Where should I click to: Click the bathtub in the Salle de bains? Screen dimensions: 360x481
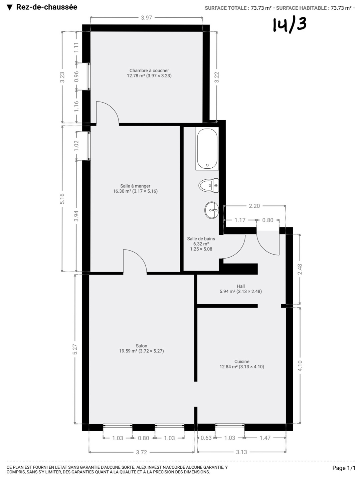[x=207, y=149]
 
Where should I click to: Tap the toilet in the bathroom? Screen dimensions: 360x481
[x=209, y=185]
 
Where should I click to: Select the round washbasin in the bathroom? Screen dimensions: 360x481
[x=211, y=210]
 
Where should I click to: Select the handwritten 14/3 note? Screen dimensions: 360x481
[x=289, y=24]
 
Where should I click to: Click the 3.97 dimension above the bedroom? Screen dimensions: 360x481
[x=146, y=18]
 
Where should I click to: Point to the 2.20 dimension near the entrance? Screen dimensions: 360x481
[x=254, y=206]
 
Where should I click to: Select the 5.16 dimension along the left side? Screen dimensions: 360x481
[x=62, y=198]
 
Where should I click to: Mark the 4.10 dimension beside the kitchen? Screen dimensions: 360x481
[x=300, y=366]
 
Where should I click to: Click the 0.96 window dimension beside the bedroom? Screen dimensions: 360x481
[x=76, y=77]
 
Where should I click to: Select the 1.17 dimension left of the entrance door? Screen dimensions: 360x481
[x=240, y=220]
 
